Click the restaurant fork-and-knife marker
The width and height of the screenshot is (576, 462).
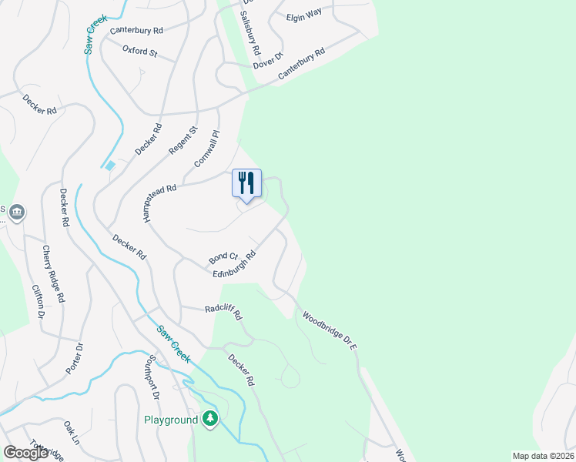pos(246,183)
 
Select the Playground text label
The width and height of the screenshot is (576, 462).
pos(170,420)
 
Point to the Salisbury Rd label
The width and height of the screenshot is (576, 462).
pos(250,31)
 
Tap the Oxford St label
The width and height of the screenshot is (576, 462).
pos(139,53)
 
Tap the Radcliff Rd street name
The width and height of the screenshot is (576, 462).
pos(223,312)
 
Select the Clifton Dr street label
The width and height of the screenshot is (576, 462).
pos(37,303)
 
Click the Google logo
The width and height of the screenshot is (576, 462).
pos(25,453)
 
